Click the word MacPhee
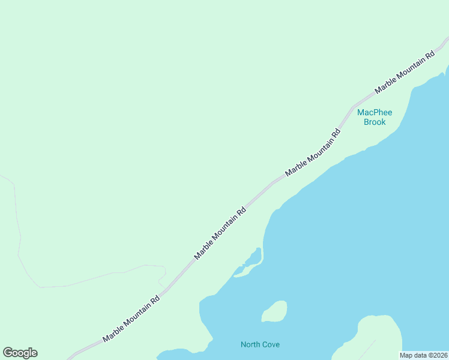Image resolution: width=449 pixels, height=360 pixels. (374, 112)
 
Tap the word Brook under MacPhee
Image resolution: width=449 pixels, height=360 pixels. (375, 122)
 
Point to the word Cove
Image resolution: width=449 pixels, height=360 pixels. (270, 344)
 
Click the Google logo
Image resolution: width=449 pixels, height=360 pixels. (20, 353)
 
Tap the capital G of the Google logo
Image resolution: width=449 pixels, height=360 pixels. (8, 353)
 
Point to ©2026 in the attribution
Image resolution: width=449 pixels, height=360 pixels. (437, 355)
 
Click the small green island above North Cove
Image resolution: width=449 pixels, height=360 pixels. (274, 311)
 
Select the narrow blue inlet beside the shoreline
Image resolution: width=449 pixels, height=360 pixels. (253, 260)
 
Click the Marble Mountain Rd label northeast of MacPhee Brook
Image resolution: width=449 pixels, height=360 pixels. (405, 72)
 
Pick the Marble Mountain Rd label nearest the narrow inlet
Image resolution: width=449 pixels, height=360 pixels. (220, 233)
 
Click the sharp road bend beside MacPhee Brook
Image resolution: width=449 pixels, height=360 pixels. (353, 107)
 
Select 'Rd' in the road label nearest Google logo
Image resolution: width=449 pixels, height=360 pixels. (155, 299)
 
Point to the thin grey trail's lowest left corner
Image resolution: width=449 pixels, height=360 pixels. (41, 287)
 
